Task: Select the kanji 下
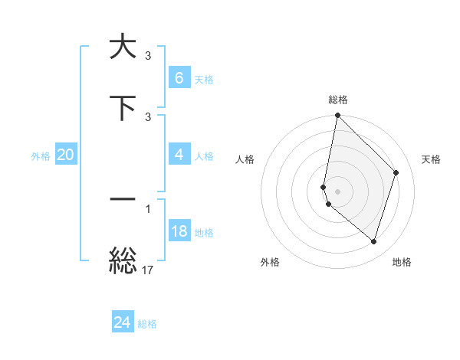coord(123,107)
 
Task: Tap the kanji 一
coord(123,199)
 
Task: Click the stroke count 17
coord(148,270)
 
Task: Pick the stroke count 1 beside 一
coord(148,208)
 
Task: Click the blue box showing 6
coord(179,78)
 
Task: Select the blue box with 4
coord(179,155)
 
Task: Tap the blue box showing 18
coord(179,231)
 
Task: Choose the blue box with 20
coord(66,155)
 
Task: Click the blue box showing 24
coord(123,323)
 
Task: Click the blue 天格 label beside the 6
coord(204,79)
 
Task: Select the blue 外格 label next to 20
coord(41,155)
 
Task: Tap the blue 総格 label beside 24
coord(147,324)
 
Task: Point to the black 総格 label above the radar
coord(337,100)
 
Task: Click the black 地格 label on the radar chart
coord(402,262)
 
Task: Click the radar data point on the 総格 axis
coord(337,116)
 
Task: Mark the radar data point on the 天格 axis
coord(396,172)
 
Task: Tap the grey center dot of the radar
coord(337,191)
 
